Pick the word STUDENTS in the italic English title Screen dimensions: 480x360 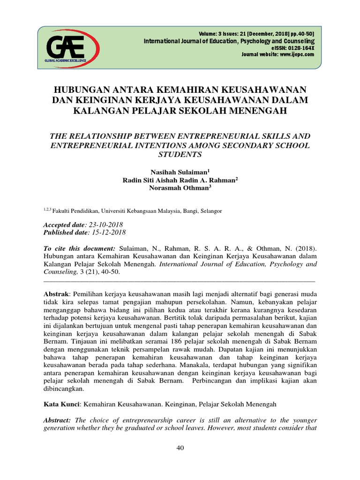click(180, 155)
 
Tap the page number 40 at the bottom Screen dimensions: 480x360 click(180, 448)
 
